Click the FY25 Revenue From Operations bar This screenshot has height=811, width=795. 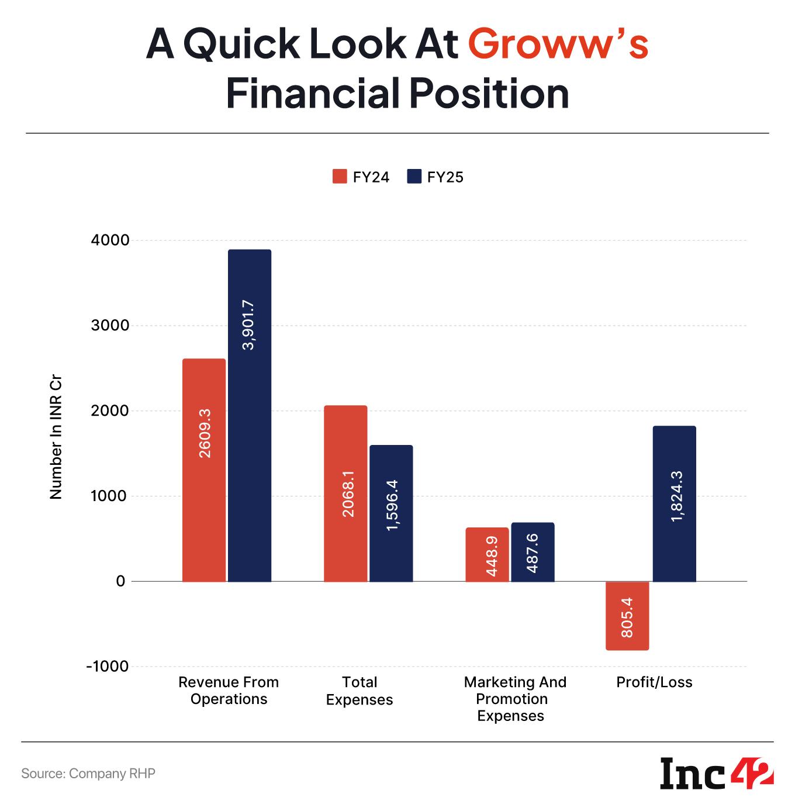tap(250, 415)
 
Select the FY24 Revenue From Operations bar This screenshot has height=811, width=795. tap(204, 470)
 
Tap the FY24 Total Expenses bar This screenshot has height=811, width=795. tap(345, 493)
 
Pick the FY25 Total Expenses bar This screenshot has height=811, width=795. tap(391, 513)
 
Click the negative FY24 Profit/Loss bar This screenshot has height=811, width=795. tap(627, 615)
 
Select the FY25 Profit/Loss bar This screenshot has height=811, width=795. tap(674, 503)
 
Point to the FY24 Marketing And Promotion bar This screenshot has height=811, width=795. tap(487, 554)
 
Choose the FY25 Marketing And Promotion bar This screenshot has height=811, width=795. tap(533, 551)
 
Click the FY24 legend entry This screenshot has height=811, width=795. tap(361, 177)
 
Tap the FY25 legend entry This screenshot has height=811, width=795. tap(435, 177)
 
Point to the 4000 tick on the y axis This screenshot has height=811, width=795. tap(110, 240)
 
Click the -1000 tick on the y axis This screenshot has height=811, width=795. tap(107, 667)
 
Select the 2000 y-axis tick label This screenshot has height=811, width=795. tap(110, 411)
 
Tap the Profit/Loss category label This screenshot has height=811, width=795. tap(654, 682)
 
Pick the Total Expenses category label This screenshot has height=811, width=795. tap(360, 691)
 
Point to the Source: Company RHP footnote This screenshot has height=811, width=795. tap(88, 773)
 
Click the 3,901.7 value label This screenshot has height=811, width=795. tap(249, 325)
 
